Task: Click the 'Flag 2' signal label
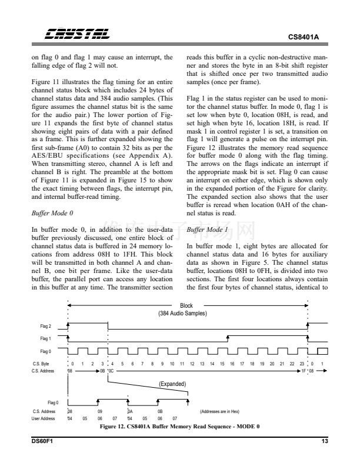point(45,325)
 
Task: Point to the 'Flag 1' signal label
point(45,338)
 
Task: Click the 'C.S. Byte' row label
point(44,365)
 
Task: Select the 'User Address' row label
point(44,418)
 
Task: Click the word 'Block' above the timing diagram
point(186,305)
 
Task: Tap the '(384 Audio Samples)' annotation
point(186,313)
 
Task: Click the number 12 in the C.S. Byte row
point(192,365)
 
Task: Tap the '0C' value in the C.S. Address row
point(112,371)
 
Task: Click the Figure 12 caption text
point(180,426)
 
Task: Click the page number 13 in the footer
point(325,441)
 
